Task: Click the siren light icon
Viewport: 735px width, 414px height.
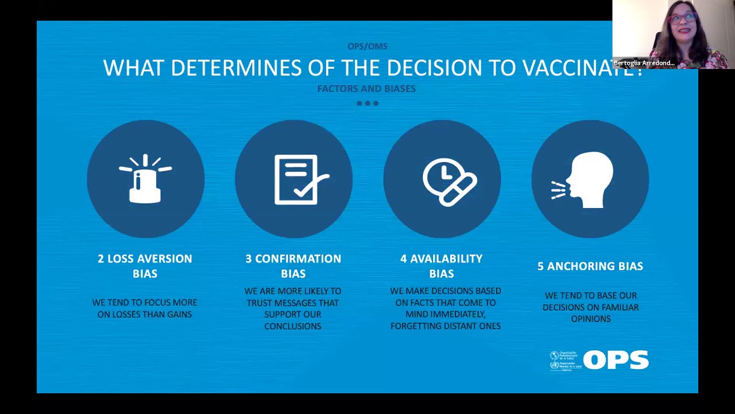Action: coord(145,179)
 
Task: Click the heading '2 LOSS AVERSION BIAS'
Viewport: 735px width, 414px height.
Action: coord(145,266)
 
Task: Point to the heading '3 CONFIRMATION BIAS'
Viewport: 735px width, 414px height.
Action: coord(293,266)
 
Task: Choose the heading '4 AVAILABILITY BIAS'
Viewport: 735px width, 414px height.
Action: coord(441,266)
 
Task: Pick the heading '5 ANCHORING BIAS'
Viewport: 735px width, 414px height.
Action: coord(590,266)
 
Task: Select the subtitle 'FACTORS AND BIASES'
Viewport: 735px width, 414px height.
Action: coord(366,89)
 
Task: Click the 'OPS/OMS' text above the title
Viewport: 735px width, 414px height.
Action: coord(367,46)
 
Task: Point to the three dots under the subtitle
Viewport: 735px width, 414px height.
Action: coord(367,103)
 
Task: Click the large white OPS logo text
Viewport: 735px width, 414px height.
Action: coord(616,360)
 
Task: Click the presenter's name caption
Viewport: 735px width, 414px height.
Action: coord(644,63)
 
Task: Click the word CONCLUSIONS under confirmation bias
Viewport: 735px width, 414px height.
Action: coord(293,326)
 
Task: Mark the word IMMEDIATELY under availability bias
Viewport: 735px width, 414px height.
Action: coord(446,315)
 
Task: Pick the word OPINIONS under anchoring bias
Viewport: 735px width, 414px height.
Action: coord(590,319)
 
